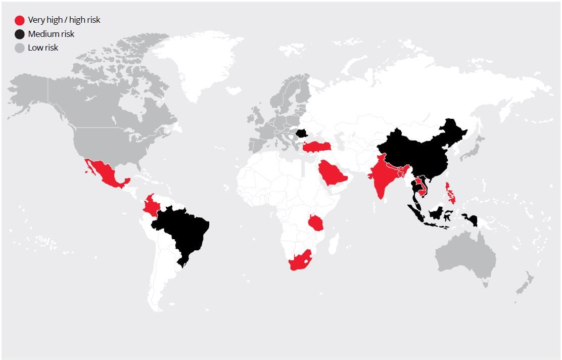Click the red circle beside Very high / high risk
(x=20, y=20)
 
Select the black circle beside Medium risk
(x=20, y=34)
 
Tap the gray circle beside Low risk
(x=20, y=48)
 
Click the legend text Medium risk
(x=51, y=34)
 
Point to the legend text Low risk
(x=43, y=48)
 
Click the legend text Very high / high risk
(x=64, y=20)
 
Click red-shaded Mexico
(x=107, y=174)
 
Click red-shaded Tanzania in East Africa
(x=315, y=222)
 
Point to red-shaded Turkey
(x=316, y=146)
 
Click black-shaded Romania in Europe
(x=302, y=133)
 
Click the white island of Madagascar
(x=334, y=246)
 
